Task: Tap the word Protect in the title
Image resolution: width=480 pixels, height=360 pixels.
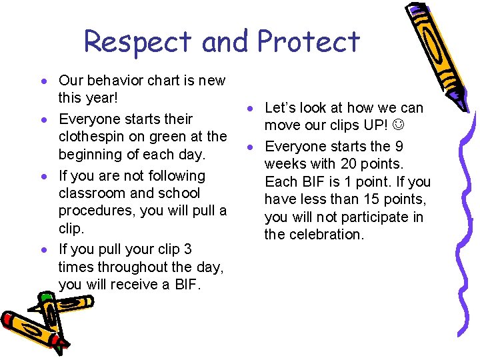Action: click(308, 41)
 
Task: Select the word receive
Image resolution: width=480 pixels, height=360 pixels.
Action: click(123, 285)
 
